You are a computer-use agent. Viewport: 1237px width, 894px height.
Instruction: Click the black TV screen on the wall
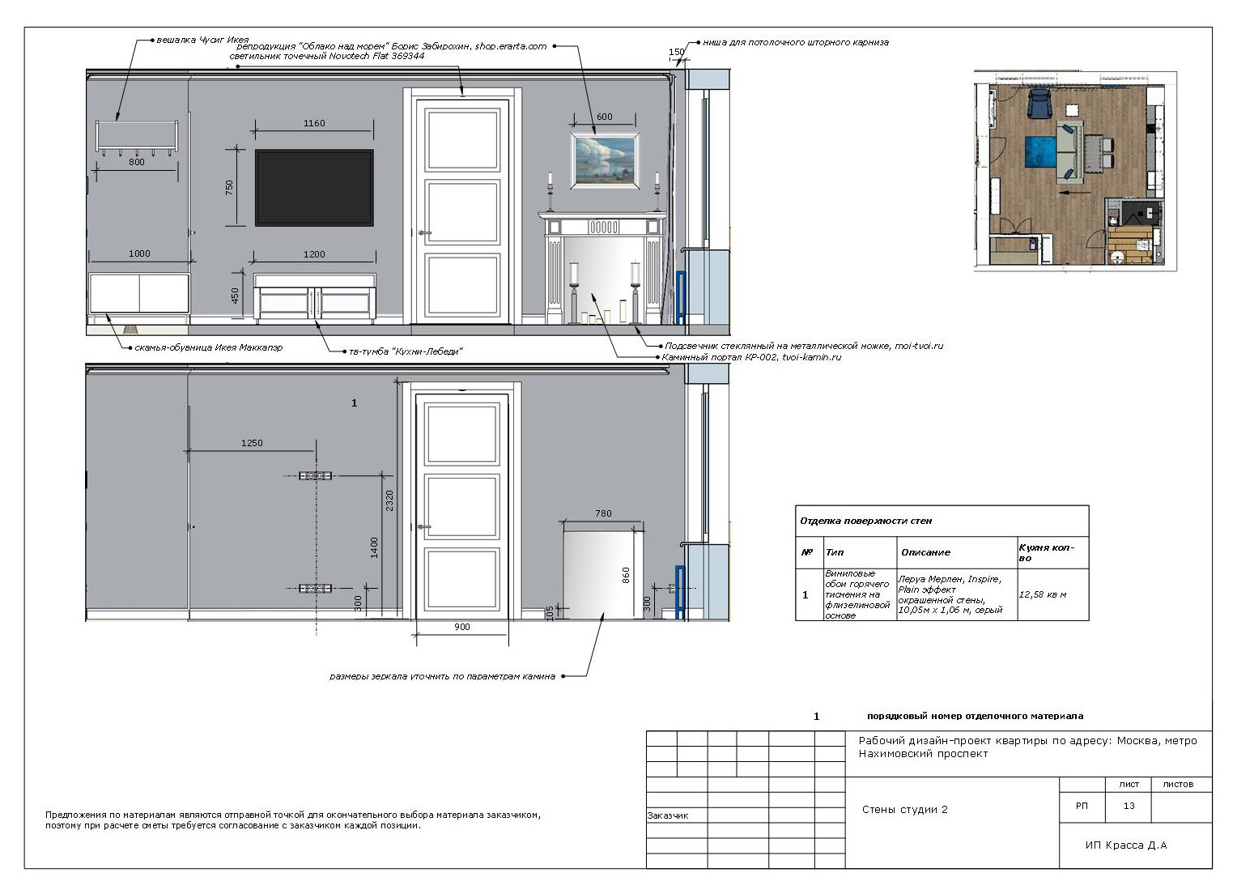314,187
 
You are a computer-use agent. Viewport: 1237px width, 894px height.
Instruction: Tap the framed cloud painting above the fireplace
606,160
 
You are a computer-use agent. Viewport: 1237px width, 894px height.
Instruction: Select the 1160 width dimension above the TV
314,123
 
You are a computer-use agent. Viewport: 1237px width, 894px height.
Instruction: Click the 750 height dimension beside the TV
229,187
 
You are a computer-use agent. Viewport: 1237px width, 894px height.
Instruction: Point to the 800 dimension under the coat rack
136,162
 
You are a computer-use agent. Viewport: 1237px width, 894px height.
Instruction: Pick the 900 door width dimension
462,627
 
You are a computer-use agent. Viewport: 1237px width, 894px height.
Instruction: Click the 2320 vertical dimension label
389,500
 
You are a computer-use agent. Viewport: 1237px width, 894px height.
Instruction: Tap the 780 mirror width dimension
604,513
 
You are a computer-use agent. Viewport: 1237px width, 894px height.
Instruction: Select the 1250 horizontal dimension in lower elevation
252,443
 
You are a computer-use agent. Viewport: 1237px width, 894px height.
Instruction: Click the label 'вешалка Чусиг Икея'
202,40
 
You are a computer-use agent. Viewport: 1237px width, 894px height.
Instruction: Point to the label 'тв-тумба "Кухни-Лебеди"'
406,351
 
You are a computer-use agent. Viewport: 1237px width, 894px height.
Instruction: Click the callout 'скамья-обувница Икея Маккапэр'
208,347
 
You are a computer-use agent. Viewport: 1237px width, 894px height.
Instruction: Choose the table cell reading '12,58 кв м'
1043,594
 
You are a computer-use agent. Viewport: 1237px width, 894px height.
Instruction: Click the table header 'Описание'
925,552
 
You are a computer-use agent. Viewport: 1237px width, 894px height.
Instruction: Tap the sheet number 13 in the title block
1129,806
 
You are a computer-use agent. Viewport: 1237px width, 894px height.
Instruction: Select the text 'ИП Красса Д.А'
1126,845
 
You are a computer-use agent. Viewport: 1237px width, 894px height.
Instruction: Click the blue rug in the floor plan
1041,151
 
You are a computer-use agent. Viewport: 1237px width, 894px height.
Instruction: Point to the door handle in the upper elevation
423,232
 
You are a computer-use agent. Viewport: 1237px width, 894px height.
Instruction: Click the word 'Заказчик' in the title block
668,815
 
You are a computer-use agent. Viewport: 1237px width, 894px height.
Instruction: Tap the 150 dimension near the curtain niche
677,52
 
